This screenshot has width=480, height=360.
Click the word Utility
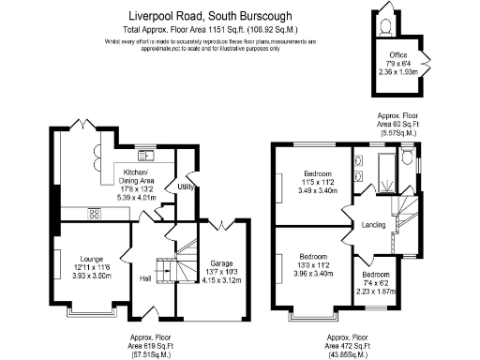click(186, 187)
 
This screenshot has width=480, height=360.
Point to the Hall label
click(145, 278)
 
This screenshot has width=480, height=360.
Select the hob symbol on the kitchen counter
click(95, 212)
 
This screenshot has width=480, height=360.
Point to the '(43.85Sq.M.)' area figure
click(348, 354)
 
